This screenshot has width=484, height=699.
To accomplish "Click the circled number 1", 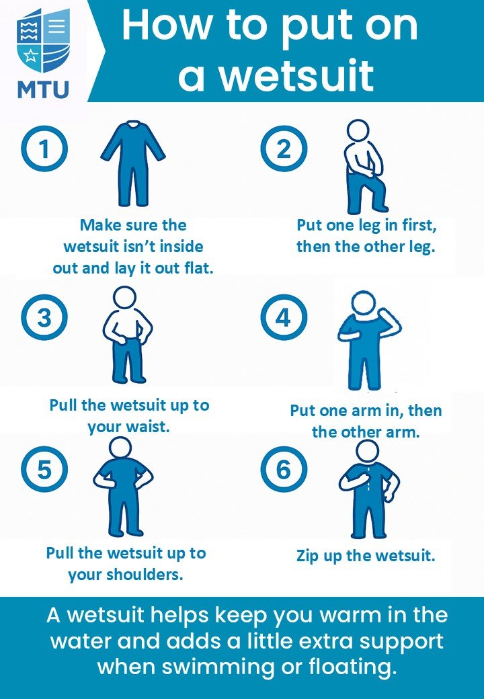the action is pyautogui.click(x=44, y=149).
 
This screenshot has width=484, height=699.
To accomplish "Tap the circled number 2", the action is pyautogui.click(x=284, y=149).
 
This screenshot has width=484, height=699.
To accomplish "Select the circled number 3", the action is pyautogui.click(x=44, y=317).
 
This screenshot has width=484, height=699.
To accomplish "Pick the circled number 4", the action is pyautogui.click(x=284, y=317).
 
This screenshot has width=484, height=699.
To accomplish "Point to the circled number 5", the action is pyautogui.click(x=44, y=469).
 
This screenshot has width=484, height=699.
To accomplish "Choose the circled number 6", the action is pyautogui.click(x=284, y=469).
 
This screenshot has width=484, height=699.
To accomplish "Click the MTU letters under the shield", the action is pyautogui.click(x=43, y=89).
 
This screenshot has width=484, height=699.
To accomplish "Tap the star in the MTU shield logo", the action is pyautogui.click(x=30, y=56).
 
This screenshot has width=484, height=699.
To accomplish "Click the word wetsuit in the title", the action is pyautogui.click(x=298, y=75).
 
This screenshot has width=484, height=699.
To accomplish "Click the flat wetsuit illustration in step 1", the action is pyautogui.click(x=133, y=163).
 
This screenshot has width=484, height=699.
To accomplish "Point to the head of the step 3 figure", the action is pyautogui.click(x=124, y=298).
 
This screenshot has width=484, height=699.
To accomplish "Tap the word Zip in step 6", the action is pyautogui.click(x=308, y=557).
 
